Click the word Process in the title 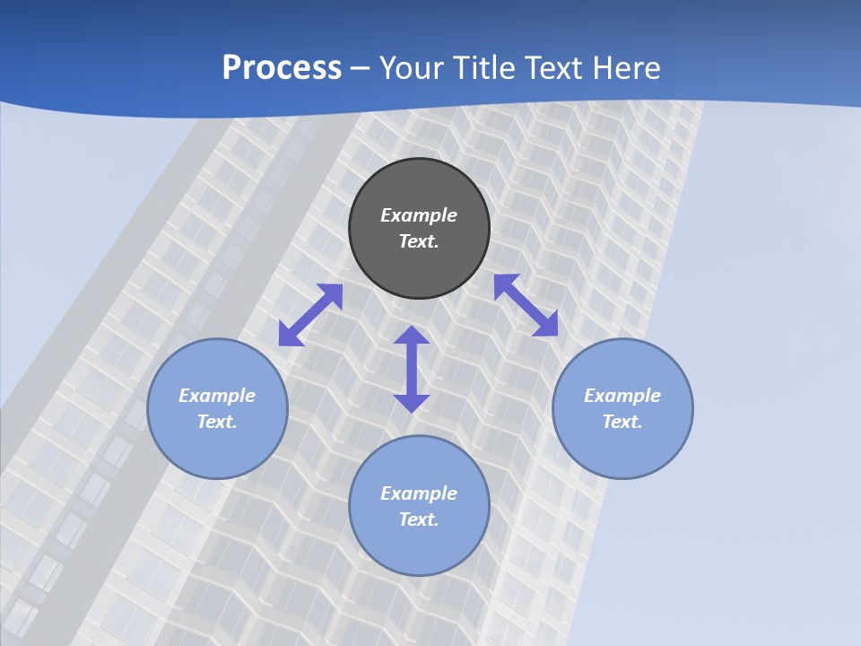282,68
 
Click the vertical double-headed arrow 412,369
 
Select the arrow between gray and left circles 310,315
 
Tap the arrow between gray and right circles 526,305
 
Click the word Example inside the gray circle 419,215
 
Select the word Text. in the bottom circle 419,519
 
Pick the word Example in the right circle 622,396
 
